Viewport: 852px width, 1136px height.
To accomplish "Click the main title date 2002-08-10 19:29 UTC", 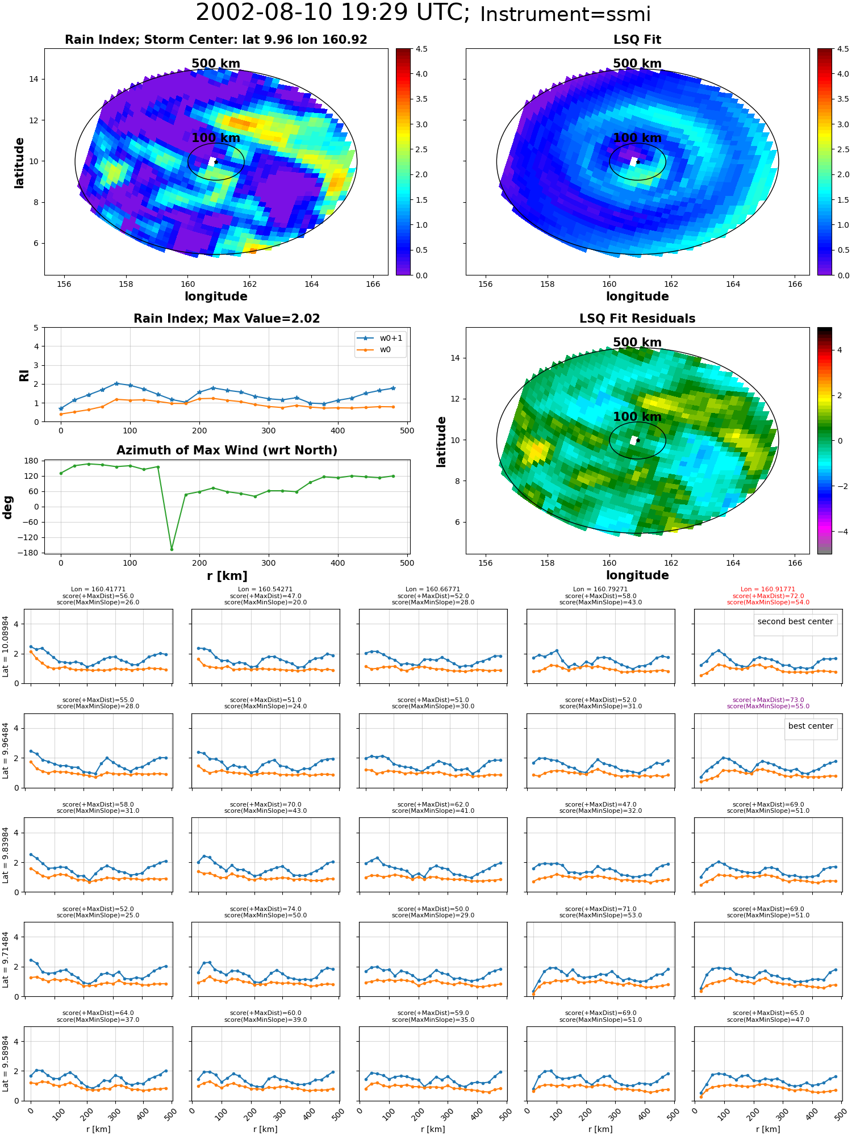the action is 333,12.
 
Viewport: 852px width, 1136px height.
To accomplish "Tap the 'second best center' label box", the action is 795,621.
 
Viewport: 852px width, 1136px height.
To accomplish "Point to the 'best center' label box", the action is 811,726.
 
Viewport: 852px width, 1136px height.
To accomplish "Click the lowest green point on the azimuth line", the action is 172,549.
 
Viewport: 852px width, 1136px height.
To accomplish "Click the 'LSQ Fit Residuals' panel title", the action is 637,319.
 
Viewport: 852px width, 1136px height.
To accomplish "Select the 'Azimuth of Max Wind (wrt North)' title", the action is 227,450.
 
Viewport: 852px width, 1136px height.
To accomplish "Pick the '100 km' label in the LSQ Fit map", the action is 637,138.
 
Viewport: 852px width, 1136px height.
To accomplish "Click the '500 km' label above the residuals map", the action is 637,343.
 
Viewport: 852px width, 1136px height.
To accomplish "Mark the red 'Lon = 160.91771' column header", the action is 768,590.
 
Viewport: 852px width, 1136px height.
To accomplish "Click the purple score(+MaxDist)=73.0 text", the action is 768,700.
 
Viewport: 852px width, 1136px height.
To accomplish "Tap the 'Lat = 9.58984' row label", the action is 6,1064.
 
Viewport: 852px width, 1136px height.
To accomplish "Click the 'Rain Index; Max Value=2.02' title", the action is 227,319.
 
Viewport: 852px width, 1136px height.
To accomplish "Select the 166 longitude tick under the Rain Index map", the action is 373,284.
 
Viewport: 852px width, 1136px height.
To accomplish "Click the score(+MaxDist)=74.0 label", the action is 265,909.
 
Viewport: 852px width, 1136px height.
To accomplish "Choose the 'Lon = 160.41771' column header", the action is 98,590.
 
